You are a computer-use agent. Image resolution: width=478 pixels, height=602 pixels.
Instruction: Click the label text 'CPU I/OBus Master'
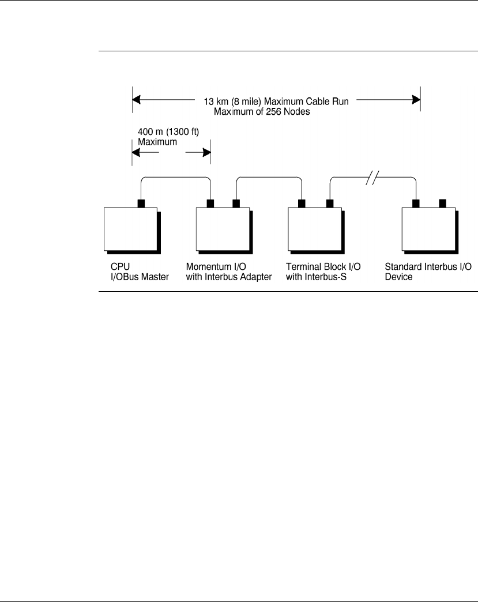click(x=140, y=272)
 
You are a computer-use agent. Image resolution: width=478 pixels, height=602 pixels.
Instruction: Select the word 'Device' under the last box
click(x=398, y=277)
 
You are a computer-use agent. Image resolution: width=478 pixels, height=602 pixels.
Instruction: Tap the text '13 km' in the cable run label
click(x=216, y=101)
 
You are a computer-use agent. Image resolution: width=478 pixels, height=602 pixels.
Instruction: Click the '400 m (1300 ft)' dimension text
click(x=168, y=131)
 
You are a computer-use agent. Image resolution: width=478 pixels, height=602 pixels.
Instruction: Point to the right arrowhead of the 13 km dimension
click(x=416, y=100)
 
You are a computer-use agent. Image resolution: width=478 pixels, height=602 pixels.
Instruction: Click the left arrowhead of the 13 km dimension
click(x=137, y=100)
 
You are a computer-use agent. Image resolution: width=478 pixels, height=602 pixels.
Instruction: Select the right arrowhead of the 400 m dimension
click(x=206, y=153)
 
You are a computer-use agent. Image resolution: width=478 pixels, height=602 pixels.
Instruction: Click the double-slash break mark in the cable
click(x=372, y=178)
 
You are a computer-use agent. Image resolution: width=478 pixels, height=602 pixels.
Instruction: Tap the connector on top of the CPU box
click(x=141, y=204)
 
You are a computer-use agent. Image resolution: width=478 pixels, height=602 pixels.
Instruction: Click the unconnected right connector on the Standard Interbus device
click(x=442, y=203)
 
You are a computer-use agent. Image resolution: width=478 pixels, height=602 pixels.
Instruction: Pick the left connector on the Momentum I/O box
click(x=210, y=204)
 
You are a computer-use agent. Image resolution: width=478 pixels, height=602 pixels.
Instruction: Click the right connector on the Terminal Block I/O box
click(x=330, y=204)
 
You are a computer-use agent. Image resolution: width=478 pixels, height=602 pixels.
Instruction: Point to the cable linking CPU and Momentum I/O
click(x=176, y=177)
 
